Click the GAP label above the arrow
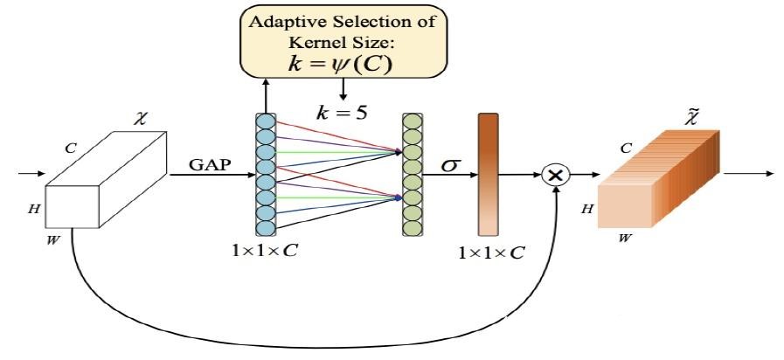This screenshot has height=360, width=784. pos(210,164)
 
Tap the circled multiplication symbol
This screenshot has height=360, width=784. pos(556,175)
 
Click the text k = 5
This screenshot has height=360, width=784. pos(342,113)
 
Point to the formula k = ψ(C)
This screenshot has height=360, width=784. pos(341,66)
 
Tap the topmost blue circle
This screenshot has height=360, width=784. pos(266,121)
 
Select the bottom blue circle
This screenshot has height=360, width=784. pos(266,228)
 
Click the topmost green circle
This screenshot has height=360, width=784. pos(413,121)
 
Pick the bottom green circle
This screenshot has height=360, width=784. pos(413,228)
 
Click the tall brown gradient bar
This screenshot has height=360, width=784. pos(488,175)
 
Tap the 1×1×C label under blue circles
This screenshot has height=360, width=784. pos(265,250)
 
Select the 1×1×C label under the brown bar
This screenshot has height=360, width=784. pos(491,253)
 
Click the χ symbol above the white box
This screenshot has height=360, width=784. pos(142,120)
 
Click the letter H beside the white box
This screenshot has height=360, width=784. pos(33,210)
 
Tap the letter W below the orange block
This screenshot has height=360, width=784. pos(625,239)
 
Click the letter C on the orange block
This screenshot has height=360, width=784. pos(626,148)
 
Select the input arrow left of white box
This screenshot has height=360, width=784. pos(31,174)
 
